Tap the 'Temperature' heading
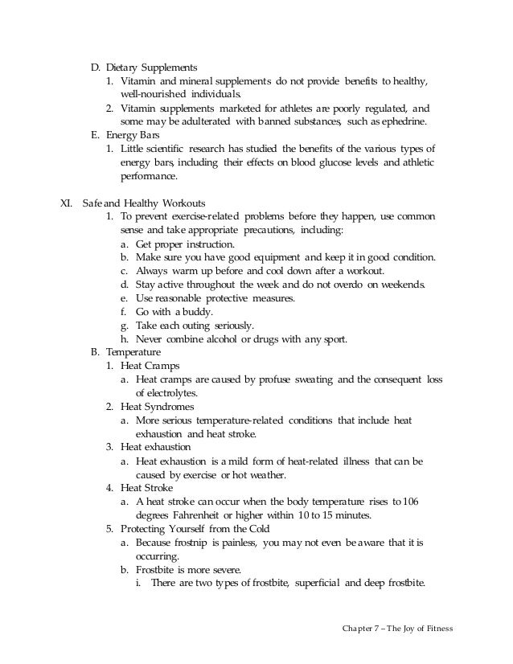click(134, 353)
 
